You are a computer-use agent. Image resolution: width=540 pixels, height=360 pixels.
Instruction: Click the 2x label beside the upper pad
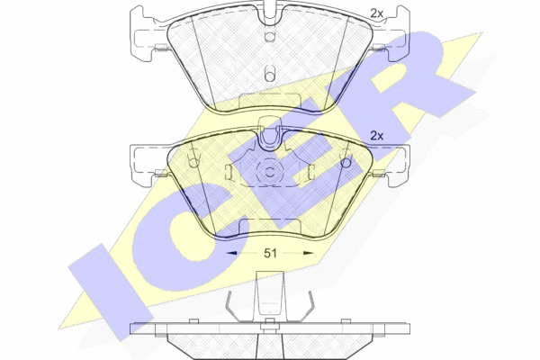(376, 13)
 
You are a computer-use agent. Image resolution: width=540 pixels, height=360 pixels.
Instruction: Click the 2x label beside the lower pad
(376, 136)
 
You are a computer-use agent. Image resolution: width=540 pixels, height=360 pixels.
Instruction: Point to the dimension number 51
(270, 253)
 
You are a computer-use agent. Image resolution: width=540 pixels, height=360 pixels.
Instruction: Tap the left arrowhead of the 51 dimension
(232, 253)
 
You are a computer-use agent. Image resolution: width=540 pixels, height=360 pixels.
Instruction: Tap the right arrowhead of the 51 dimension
(308, 253)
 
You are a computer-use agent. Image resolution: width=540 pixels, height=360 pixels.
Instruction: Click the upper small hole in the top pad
(270, 37)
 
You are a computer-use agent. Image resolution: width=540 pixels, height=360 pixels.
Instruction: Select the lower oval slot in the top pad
(270, 73)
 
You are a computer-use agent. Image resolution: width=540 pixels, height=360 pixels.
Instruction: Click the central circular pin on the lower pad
(270, 172)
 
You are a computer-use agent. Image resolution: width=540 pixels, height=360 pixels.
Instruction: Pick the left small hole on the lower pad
(193, 161)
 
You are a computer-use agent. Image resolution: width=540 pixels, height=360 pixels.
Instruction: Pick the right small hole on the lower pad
(346, 161)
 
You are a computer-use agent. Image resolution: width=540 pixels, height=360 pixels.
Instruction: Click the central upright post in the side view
(270, 296)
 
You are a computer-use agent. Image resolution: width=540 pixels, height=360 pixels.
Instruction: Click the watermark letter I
(111, 292)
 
